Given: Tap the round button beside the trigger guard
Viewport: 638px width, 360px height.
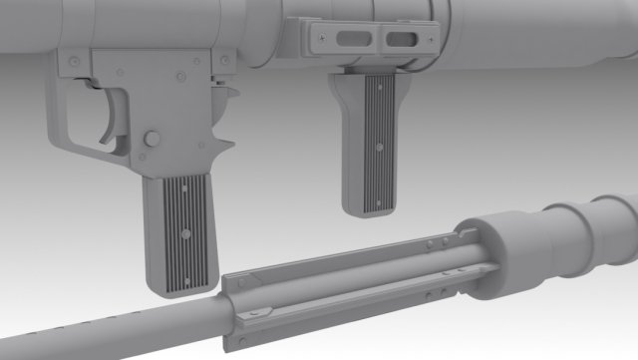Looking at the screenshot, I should (x=152, y=136).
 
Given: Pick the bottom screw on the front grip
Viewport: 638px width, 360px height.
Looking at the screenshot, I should (x=380, y=198).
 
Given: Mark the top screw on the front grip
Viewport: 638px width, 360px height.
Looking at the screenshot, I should (x=380, y=97).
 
